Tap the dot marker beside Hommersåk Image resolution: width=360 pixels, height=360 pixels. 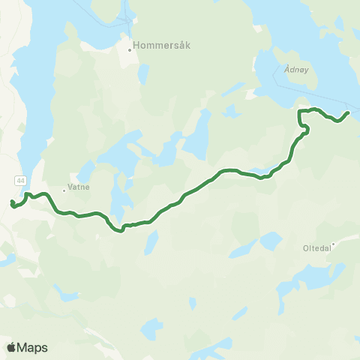coord(130,50)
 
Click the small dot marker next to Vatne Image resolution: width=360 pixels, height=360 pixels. coord(64,190)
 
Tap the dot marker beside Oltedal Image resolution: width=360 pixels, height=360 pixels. coord(334,242)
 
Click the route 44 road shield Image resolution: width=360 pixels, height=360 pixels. coord(20,181)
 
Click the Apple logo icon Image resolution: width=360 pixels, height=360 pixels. coord(12,347)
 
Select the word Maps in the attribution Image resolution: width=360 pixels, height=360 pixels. coord(33,347)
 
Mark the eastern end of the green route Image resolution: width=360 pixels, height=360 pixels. coord(349,112)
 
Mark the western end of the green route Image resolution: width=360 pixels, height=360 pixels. coord(11,203)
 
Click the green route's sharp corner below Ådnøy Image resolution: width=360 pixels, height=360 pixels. coord(300,112)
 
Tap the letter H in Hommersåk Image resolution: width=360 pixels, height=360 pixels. coord(136,45)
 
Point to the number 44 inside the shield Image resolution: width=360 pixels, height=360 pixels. coord(20,181)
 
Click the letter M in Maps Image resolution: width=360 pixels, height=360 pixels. coord(23,347)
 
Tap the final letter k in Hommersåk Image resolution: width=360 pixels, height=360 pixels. coord(188,45)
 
